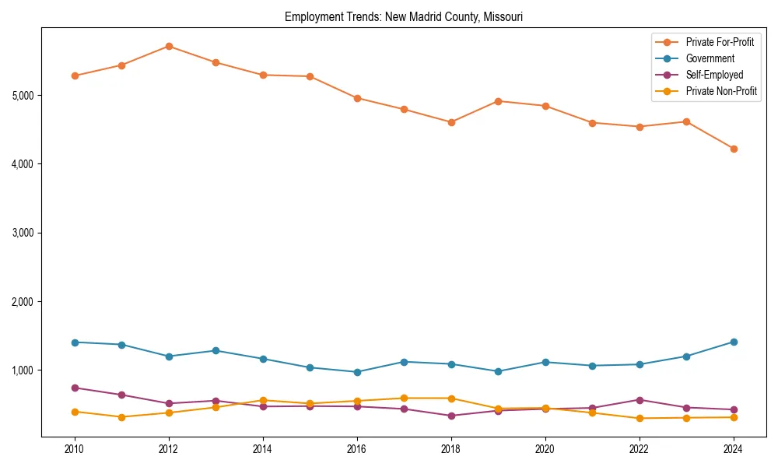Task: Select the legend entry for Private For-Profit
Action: tap(720, 42)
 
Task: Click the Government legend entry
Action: tap(710, 58)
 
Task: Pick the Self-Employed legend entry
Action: tap(714, 75)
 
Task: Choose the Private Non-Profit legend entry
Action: tap(721, 91)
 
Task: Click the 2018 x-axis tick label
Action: tap(451, 448)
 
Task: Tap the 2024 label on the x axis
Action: tap(734, 448)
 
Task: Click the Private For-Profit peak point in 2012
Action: tap(169, 46)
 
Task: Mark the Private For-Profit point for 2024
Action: tap(734, 149)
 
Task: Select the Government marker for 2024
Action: tap(734, 342)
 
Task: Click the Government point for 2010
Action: tap(75, 342)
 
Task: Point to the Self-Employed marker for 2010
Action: tap(75, 388)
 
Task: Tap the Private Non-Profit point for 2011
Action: tap(121, 417)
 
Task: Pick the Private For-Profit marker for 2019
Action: tap(498, 101)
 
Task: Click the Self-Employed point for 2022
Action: tap(640, 400)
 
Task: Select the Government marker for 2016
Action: tap(357, 372)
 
